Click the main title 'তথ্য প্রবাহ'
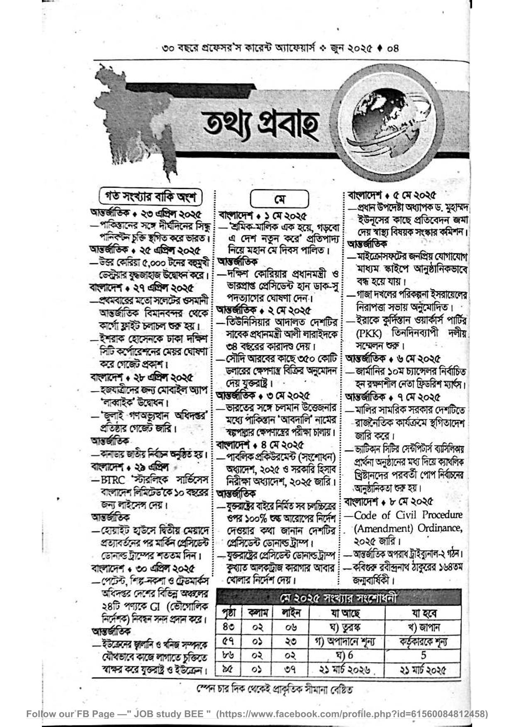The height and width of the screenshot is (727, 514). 261,125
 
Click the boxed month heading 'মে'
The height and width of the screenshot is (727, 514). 280,199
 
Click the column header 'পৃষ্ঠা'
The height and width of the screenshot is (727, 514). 229,613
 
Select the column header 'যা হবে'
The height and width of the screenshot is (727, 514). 424,613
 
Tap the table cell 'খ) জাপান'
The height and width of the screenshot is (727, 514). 423,627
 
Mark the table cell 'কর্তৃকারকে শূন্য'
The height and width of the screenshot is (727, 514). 423,642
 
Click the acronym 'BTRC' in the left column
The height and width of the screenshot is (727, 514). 112,480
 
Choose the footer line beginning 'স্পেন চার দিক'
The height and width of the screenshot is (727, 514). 275,690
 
